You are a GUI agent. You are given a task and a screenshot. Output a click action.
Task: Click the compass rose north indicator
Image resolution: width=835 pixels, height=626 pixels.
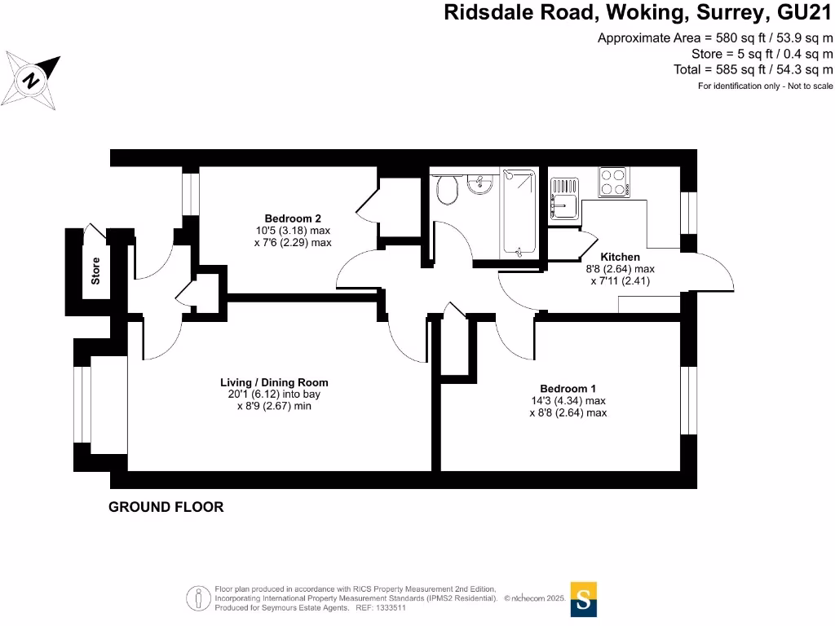(31, 81)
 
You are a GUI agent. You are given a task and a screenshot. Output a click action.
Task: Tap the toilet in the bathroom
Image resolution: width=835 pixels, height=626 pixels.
(448, 188)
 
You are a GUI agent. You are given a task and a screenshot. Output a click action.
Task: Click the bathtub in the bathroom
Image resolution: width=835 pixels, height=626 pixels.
(519, 212)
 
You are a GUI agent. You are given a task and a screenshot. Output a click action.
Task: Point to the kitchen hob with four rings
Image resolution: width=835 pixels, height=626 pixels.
(614, 182)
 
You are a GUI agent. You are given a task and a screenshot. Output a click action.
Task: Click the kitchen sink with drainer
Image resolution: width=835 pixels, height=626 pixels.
(564, 199)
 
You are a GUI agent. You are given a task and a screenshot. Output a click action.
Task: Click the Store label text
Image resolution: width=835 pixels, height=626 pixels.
(95, 271)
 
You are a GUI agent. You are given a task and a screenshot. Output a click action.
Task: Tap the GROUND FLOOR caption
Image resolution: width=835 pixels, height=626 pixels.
(166, 507)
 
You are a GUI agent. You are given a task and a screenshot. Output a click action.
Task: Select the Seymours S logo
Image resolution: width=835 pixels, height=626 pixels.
(584, 599)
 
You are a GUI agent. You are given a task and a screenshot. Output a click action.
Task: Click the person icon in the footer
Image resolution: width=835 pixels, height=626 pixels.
(199, 598)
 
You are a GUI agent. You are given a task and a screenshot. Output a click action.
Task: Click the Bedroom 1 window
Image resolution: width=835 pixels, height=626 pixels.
(688, 399)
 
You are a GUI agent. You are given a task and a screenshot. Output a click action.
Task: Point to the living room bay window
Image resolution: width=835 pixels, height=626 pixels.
(82, 404)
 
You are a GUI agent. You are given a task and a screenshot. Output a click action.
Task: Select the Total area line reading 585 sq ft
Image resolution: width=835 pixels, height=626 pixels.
(753, 70)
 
